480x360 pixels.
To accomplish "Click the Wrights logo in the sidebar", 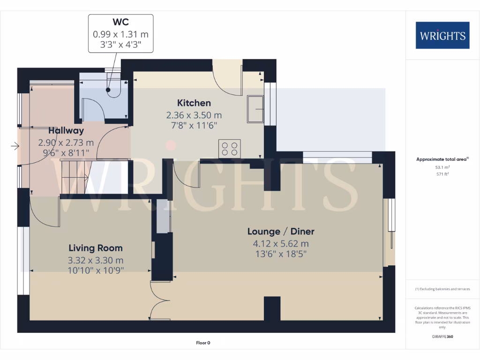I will [x=442, y=35].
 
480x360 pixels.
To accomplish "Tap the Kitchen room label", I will [x=194, y=103].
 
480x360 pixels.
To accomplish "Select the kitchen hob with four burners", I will [x=230, y=148].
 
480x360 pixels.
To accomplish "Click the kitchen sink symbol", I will [x=256, y=109].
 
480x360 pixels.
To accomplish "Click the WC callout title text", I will [x=120, y=22].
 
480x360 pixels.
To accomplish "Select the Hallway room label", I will [x=66, y=131].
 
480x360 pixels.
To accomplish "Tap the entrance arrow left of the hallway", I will [x=15, y=147].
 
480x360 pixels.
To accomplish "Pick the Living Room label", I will [x=96, y=248].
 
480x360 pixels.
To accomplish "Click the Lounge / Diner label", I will [x=281, y=231].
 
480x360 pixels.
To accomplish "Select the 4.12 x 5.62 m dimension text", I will [x=281, y=243].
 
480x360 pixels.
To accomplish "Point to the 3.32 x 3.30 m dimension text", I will [x=96, y=260].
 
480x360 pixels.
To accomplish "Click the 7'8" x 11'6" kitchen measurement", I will [x=194, y=125].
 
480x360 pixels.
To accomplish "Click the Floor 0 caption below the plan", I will [x=203, y=343].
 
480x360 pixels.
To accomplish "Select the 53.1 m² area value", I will [x=442, y=167].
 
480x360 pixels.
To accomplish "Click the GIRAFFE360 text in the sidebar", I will [x=442, y=337].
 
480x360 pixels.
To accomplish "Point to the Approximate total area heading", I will [x=442, y=159].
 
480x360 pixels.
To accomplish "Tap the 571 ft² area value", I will [x=442, y=174].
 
